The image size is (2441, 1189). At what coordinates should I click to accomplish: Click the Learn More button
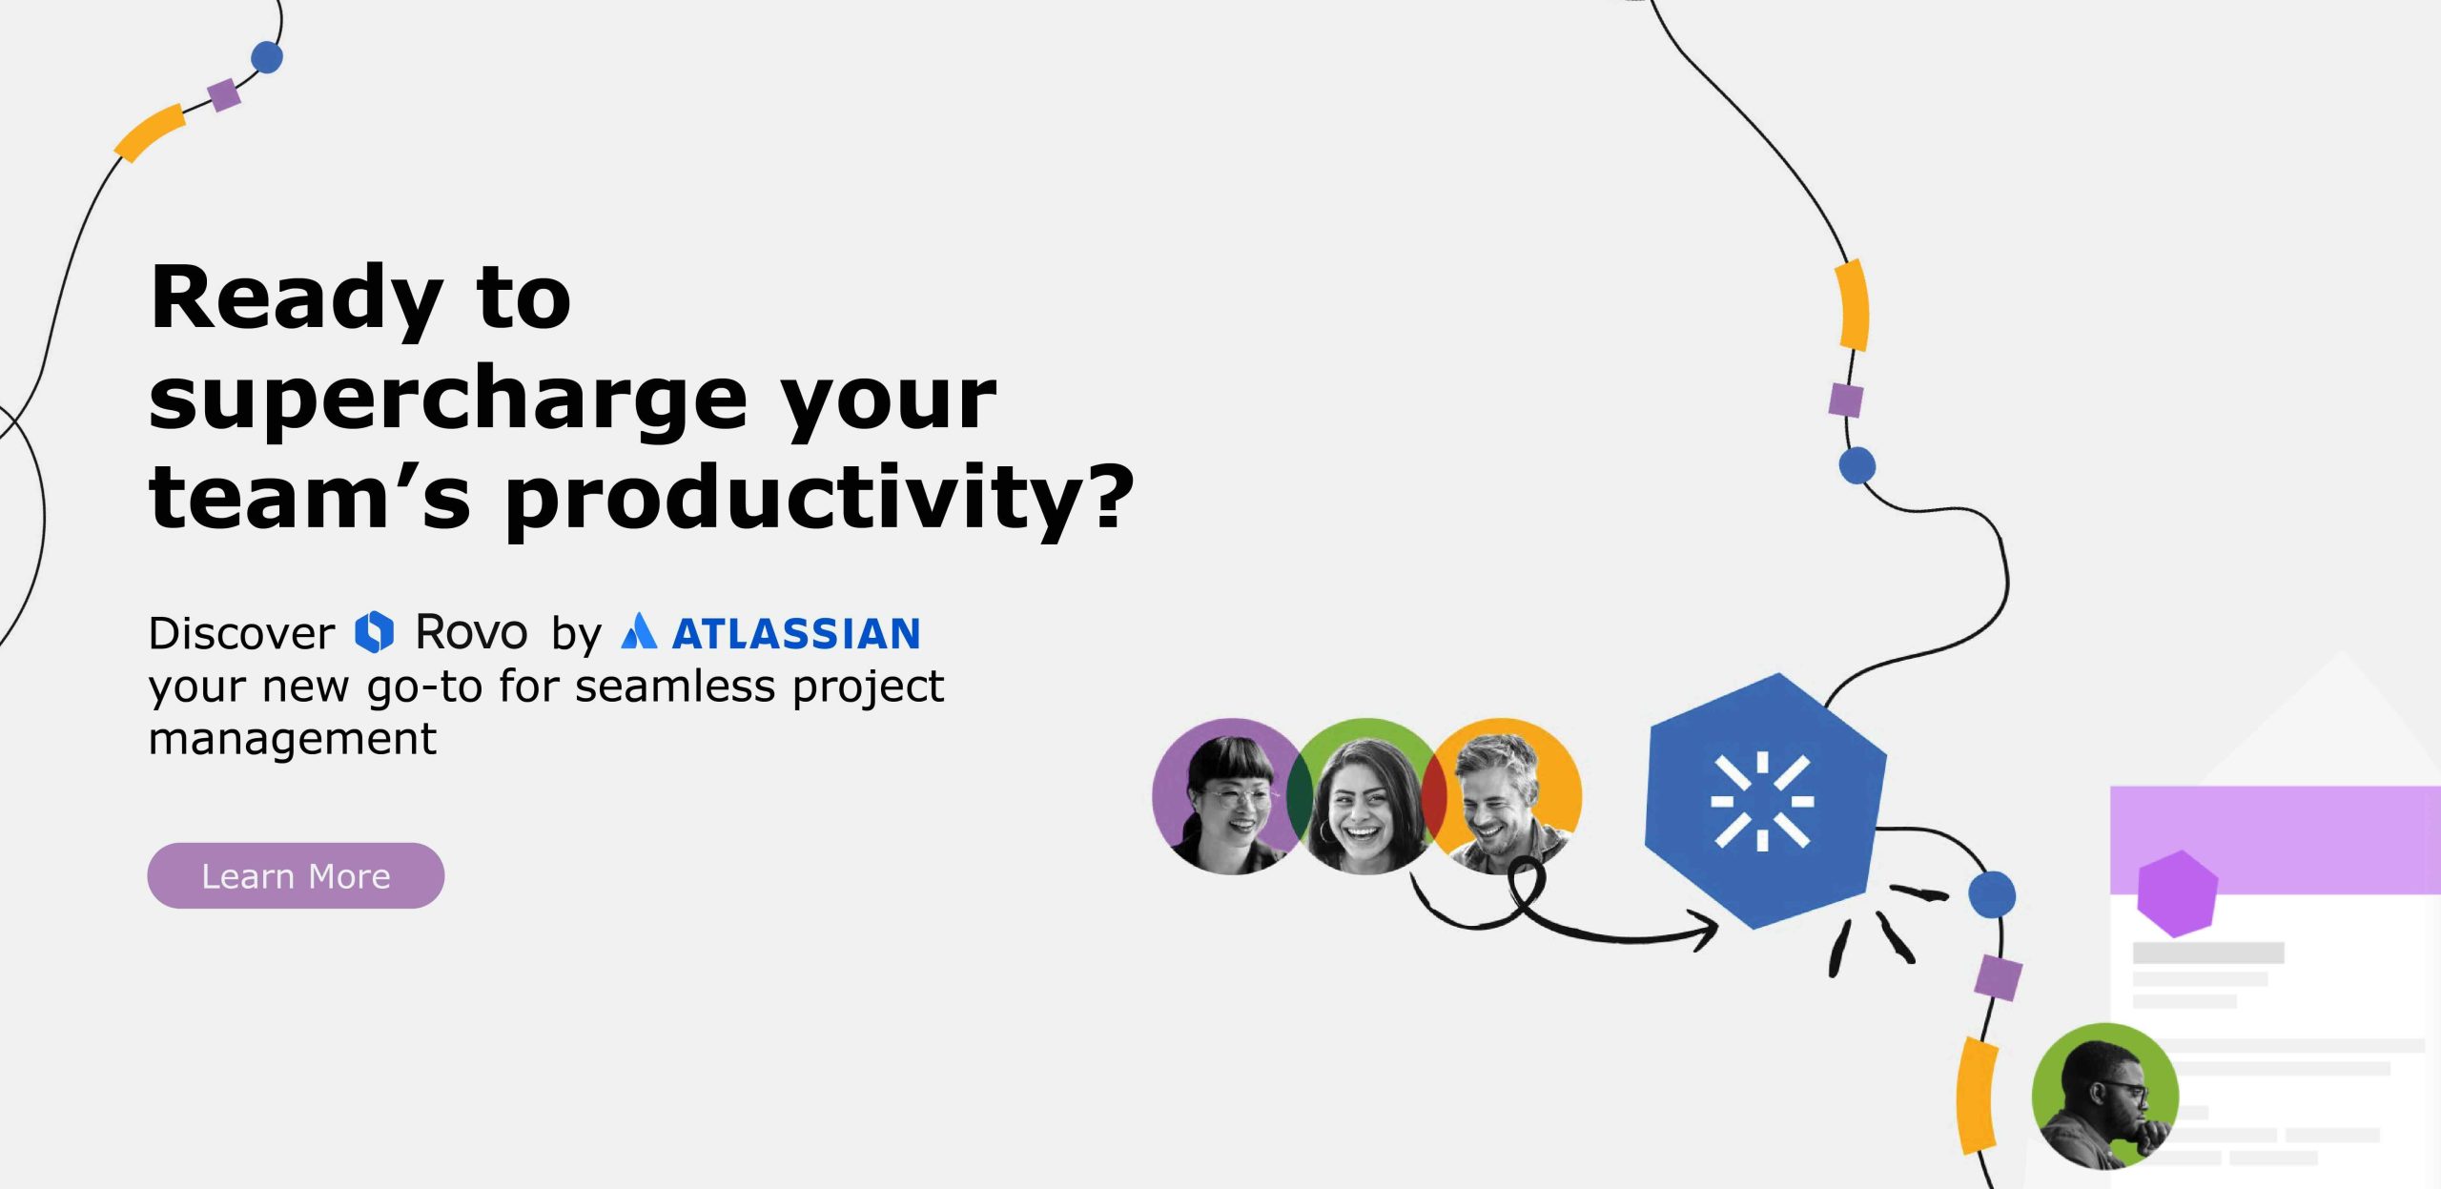click(296, 875)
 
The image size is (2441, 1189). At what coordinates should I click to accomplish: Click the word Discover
click(242, 633)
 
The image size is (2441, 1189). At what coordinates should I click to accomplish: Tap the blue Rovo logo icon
click(375, 632)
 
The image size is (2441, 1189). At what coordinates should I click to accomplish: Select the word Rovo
click(472, 632)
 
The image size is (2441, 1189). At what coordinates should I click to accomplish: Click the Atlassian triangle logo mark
click(639, 631)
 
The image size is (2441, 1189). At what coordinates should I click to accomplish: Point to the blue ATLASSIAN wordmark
click(796, 634)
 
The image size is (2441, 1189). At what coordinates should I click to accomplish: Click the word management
click(293, 739)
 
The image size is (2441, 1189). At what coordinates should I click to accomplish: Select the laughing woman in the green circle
click(1363, 797)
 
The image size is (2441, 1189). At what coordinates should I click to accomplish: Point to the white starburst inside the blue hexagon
click(1762, 801)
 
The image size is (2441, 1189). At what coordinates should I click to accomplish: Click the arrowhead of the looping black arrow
click(1702, 927)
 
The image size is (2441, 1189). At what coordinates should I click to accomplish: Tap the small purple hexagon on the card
click(2178, 893)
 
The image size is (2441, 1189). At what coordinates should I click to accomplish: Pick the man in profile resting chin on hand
click(2105, 1097)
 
